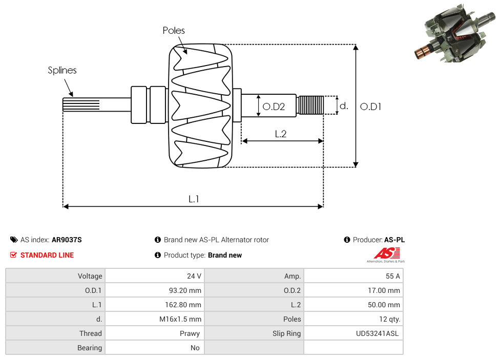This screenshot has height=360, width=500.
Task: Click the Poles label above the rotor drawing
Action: (x=174, y=31)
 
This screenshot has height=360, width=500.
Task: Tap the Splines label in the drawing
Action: (x=62, y=71)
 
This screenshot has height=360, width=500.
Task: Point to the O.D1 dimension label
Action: (x=370, y=107)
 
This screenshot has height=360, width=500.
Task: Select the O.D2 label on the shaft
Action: (x=273, y=107)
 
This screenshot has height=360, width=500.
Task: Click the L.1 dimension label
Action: (x=193, y=199)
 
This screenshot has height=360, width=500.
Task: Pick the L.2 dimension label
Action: (x=280, y=134)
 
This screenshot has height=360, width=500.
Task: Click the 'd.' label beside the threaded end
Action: (x=344, y=106)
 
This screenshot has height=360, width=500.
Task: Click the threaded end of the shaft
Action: (x=310, y=105)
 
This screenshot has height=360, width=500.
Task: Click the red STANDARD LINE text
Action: (x=47, y=255)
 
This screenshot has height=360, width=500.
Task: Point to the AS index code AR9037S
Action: (x=67, y=240)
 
